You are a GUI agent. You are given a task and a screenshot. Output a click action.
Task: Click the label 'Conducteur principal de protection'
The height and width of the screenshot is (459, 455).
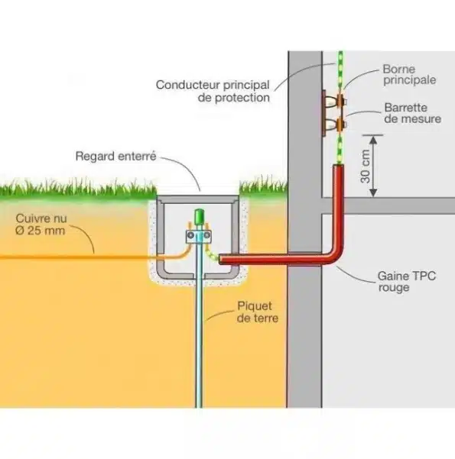tap(212, 91)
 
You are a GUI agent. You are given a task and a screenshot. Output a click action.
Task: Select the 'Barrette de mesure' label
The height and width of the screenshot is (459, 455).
tap(405, 113)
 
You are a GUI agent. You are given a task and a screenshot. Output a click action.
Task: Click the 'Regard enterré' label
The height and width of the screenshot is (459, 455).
tap(115, 157)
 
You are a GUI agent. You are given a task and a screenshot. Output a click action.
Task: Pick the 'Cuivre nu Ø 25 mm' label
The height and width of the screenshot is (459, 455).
tap(42, 223)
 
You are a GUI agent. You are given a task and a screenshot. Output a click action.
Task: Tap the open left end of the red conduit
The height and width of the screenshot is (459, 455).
tap(223, 260)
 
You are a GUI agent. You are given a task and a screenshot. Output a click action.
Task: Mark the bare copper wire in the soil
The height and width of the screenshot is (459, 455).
tap(76, 257)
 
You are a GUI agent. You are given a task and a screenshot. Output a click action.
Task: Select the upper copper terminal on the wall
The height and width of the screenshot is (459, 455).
tap(334, 100)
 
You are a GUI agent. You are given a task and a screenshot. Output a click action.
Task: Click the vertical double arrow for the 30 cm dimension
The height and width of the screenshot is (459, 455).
tap(372, 166)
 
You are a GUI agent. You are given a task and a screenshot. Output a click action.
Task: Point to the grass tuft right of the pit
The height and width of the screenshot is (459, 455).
tap(262, 186)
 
